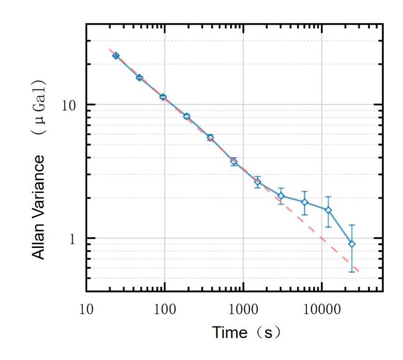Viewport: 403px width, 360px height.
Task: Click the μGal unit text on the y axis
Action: pyautogui.click(x=39, y=105)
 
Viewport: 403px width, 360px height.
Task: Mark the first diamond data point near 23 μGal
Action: pyautogui.click(x=116, y=56)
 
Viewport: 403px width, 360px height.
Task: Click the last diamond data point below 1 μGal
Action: pyautogui.click(x=352, y=244)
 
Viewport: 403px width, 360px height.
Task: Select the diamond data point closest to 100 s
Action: pyautogui.click(x=163, y=97)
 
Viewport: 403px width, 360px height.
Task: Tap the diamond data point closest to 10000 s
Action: pyautogui.click(x=328, y=210)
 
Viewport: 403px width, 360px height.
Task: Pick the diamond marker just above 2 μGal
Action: pyautogui.click(x=281, y=196)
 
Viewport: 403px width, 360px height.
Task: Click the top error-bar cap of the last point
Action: pyautogui.click(x=352, y=225)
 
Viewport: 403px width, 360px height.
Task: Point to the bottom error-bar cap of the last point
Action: pyautogui.click(x=352, y=272)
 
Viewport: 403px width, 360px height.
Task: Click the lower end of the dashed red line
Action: pyautogui.click(x=359, y=271)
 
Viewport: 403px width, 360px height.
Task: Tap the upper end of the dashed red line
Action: pyautogui.click(x=109, y=49)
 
